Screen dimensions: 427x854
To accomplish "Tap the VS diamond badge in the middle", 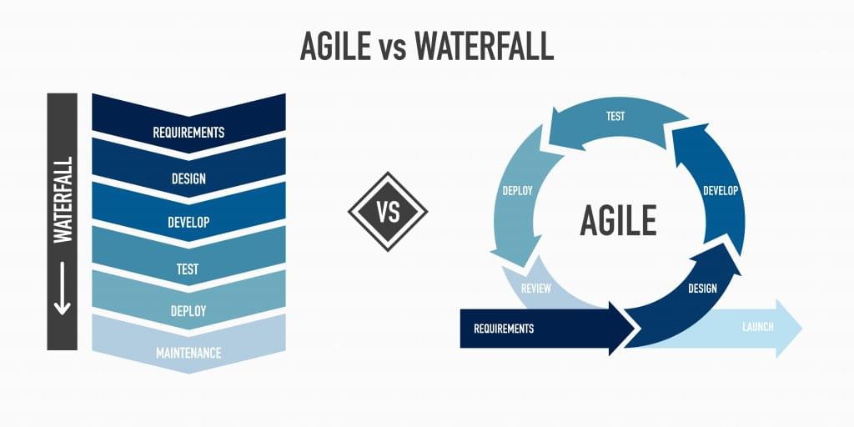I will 388,212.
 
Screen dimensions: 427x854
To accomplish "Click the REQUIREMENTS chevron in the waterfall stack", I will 188,132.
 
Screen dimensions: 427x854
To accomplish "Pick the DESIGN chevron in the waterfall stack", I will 188,178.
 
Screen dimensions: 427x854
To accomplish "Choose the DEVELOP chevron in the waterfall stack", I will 188,223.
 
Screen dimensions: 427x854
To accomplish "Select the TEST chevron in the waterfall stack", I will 188,269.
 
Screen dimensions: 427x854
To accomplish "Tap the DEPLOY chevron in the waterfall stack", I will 188,310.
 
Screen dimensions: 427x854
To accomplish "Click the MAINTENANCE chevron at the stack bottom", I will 188,353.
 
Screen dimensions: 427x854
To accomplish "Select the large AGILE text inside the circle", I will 618,220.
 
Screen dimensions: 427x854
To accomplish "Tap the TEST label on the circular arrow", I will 615,117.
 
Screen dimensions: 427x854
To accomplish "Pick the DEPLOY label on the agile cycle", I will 517,191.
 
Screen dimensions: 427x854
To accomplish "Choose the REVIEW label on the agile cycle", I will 535,289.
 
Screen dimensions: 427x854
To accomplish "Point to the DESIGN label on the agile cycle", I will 702,289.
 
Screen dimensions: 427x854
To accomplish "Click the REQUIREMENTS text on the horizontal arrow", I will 504,329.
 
